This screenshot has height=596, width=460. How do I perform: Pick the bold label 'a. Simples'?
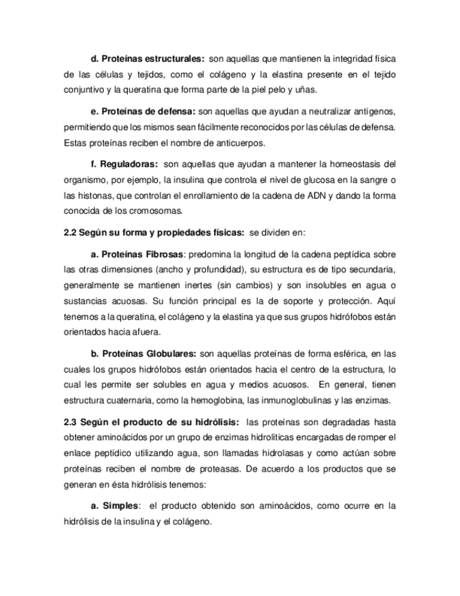coord(115,505)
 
